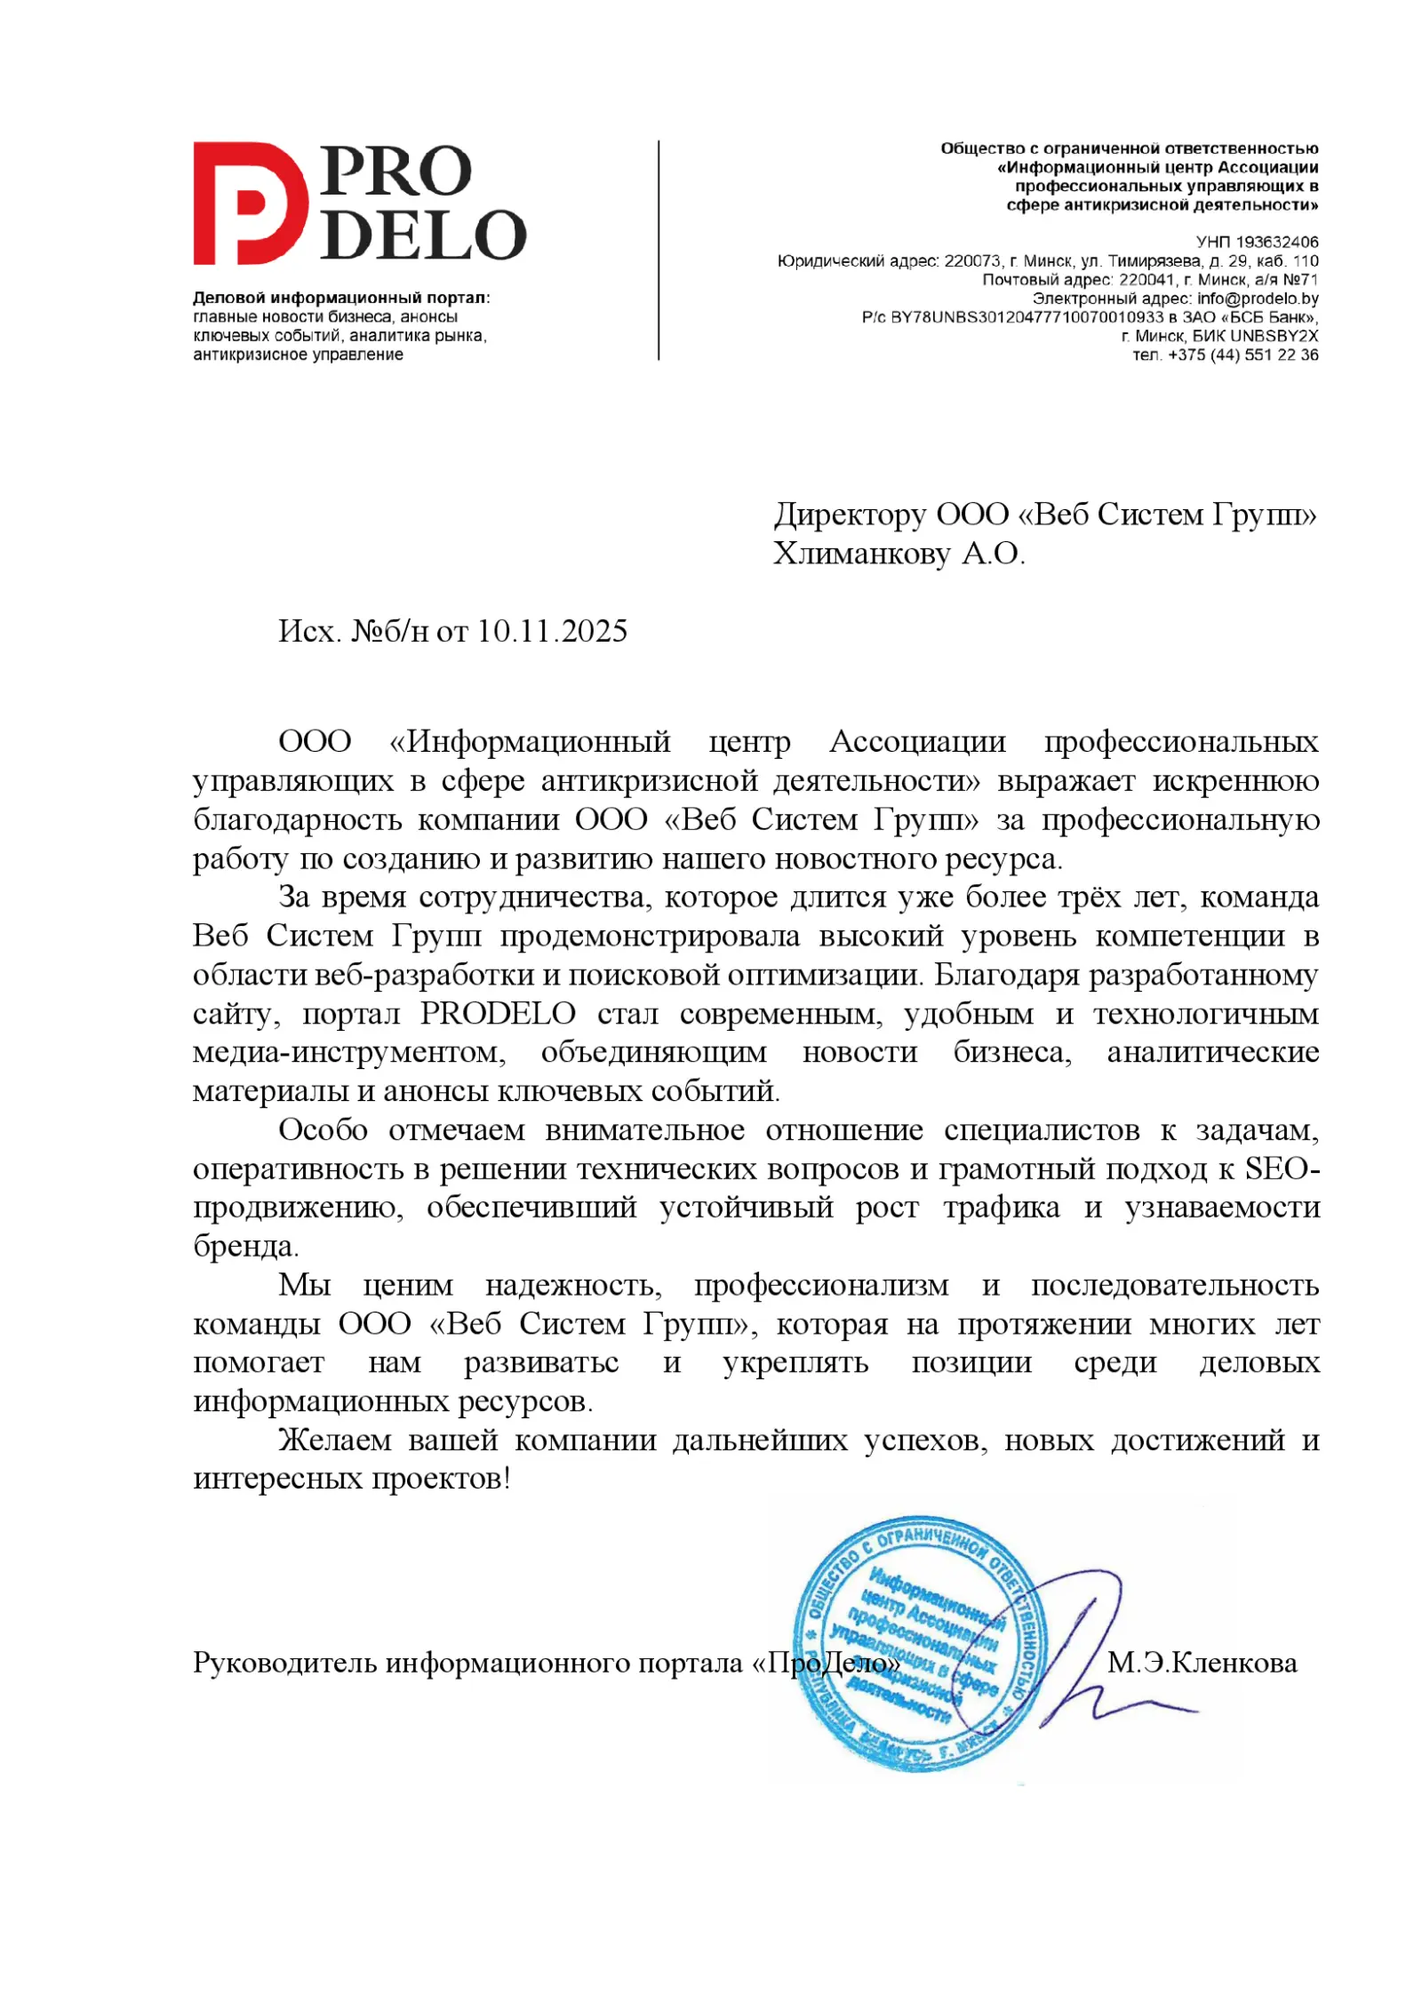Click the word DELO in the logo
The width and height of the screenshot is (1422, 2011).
(x=423, y=235)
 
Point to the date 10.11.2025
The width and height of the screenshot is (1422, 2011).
(x=552, y=631)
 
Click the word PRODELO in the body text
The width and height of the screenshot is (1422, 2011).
(x=498, y=1014)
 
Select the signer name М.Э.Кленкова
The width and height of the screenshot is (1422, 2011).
(x=1202, y=1663)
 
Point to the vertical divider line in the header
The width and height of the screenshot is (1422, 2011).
(x=659, y=250)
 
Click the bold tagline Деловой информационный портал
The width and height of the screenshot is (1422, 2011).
(x=341, y=298)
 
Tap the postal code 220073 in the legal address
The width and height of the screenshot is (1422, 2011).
(x=972, y=261)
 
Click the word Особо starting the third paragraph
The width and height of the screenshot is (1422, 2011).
(x=323, y=1130)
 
